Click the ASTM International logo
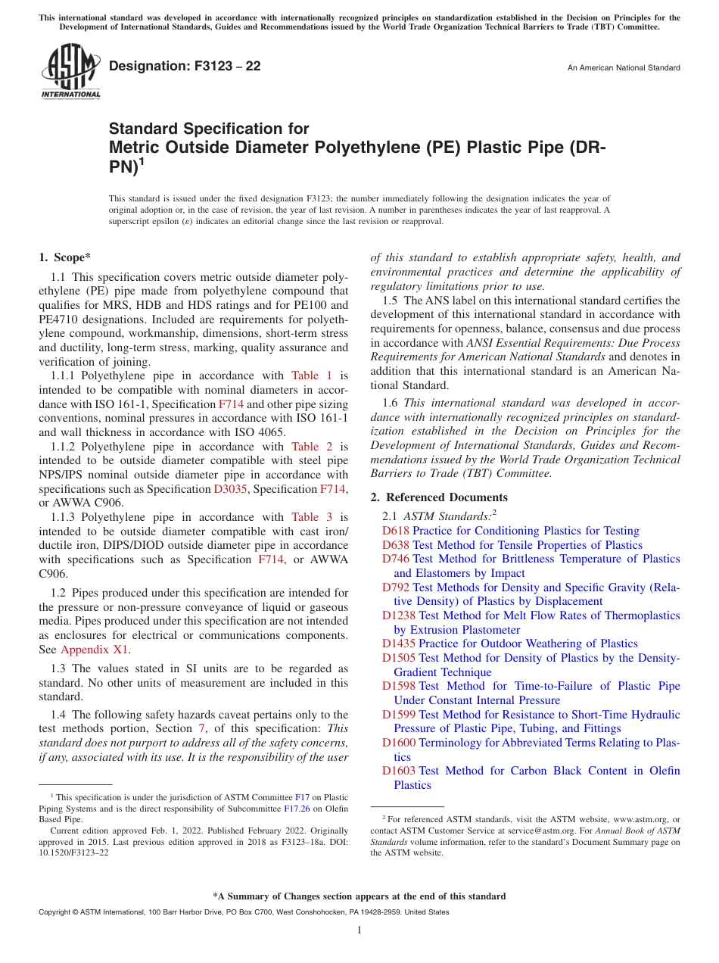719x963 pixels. (x=70, y=71)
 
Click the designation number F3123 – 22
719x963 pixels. (x=185, y=67)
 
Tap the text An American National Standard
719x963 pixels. (x=624, y=68)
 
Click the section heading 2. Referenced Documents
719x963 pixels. (x=439, y=497)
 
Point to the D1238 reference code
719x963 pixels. (x=399, y=616)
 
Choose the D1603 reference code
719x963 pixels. (x=399, y=771)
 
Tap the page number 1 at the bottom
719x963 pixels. (x=359, y=930)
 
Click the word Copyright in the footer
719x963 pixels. (x=56, y=912)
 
